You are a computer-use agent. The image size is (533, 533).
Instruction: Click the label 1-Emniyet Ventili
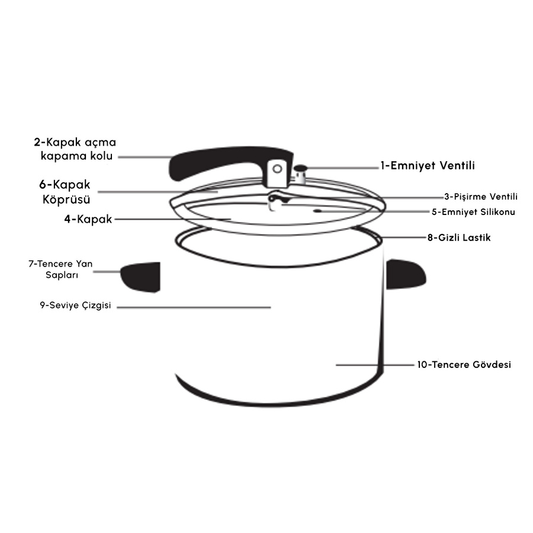427,166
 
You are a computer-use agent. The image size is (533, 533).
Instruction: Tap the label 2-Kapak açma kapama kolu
75,149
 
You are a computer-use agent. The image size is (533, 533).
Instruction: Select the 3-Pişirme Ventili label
481,197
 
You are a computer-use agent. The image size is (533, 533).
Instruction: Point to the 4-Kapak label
88,219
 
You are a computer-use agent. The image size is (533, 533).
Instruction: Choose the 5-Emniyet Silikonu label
473,212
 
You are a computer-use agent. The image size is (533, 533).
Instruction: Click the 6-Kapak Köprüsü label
65,192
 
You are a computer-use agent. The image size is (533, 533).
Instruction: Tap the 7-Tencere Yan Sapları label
60,269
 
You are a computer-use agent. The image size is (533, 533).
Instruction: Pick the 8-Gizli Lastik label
459,237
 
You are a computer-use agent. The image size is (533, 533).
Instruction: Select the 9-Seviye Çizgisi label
75,305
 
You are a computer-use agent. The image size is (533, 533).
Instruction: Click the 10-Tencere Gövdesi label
464,364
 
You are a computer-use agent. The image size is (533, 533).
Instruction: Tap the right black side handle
406,274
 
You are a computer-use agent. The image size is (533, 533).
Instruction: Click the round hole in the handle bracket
277,169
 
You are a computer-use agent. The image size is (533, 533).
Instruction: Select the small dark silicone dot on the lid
317,211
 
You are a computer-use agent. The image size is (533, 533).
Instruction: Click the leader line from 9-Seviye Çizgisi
194,307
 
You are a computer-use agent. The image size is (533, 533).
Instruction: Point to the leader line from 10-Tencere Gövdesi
375,365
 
